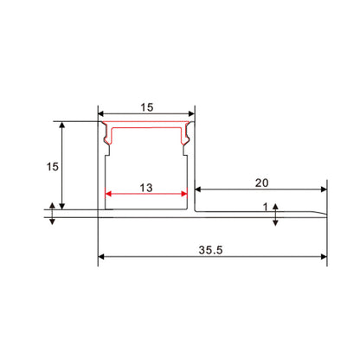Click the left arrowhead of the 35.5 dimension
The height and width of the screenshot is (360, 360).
click(102, 256)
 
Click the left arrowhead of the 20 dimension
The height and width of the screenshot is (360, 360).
click(198, 190)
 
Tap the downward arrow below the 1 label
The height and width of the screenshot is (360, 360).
click(275, 222)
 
